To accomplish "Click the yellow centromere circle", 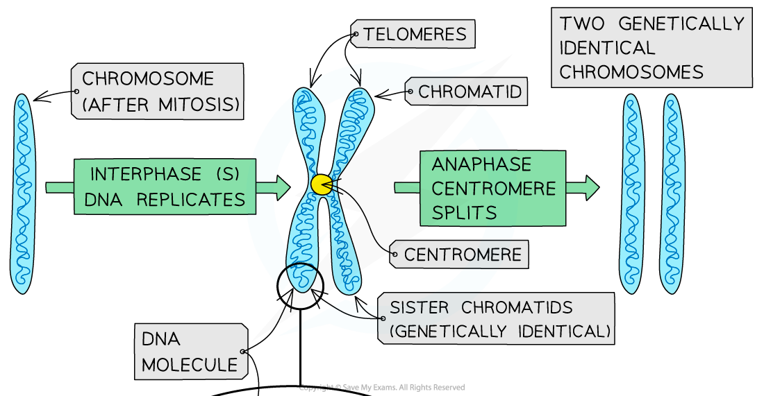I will (321, 184).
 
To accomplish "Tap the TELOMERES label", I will (414, 34).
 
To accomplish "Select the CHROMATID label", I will (470, 92).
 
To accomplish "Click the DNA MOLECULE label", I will (190, 352).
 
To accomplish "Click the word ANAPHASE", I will (481, 164).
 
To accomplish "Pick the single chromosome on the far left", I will (22, 193).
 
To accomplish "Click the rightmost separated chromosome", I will (672, 193).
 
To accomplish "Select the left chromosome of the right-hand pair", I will (631, 193).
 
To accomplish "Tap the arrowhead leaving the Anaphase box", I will (590, 187).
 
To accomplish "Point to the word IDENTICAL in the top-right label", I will (607, 48).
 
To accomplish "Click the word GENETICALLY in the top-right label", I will (681, 24).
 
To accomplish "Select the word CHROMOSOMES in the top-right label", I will (631, 71).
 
